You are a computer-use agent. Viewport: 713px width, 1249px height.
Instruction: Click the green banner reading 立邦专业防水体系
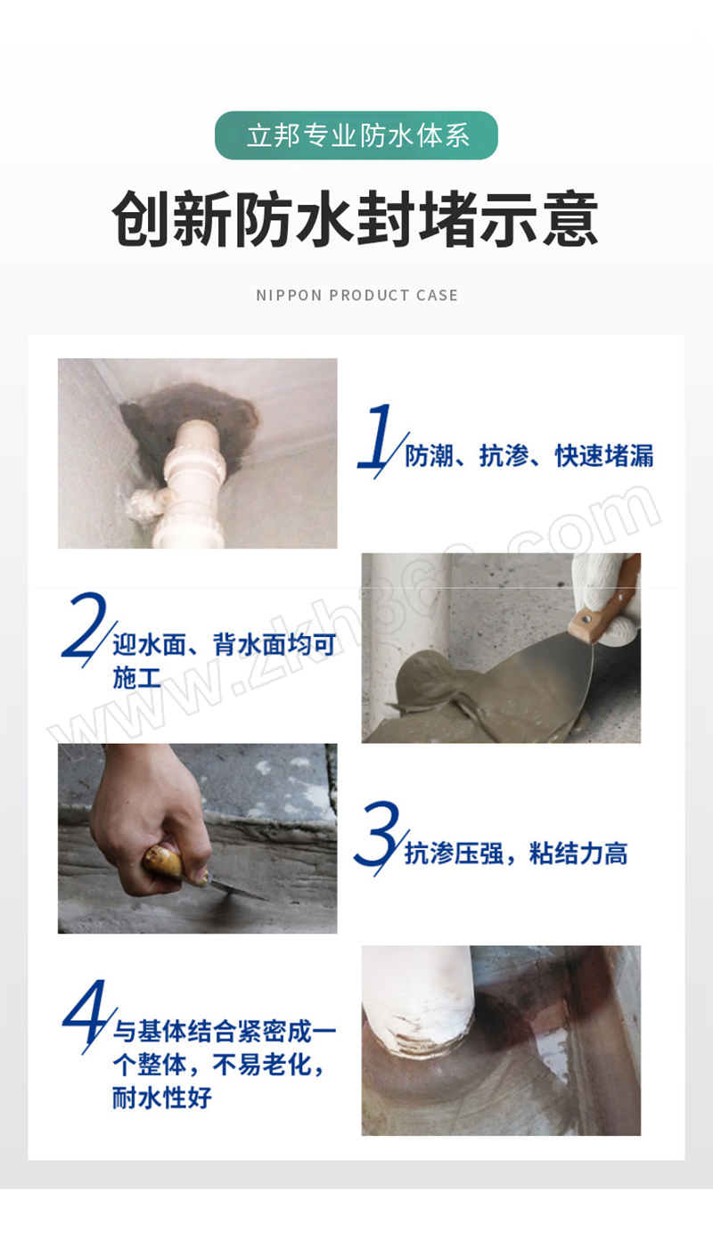(x=356, y=135)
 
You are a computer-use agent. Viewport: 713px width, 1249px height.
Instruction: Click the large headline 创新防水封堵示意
(x=356, y=218)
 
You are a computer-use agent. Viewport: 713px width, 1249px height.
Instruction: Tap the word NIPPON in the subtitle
(x=289, y=295)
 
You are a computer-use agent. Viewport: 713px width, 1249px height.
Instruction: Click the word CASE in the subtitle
(x=437, y=295)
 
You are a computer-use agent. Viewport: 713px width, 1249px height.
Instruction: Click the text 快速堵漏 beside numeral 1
(x=604, y=456)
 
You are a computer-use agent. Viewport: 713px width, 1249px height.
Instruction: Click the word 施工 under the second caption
(x=137, y=678)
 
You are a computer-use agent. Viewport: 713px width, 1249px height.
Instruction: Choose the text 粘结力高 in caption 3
(x=578, y=853)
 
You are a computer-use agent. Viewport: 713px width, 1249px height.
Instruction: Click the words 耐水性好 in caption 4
(x=162, y=1098)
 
